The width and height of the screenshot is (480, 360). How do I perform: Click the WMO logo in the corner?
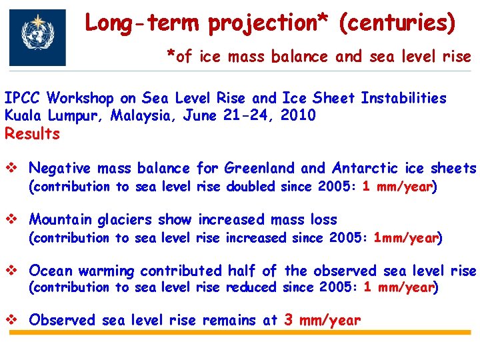tap(37, 37)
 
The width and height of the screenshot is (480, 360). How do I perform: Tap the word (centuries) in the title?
tap(397, 23)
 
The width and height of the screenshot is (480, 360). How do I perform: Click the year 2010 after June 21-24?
tap(298, 115)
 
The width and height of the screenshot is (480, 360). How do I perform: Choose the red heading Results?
tap(32, 133)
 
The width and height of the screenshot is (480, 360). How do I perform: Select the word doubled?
tap(252, 187)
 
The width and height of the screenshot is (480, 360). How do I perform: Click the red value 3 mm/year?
tap(322, 320)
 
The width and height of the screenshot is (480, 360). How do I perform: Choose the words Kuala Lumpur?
tap(54, 115)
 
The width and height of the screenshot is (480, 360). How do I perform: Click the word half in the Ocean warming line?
tap(242, 271)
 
